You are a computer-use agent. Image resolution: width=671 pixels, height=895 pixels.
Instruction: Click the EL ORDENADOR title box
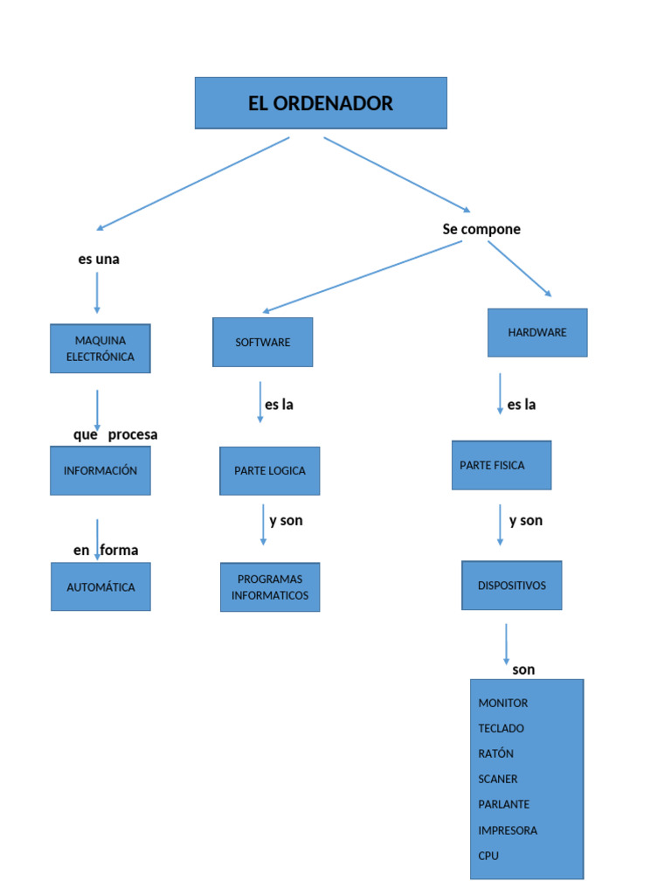[x=321, y=103]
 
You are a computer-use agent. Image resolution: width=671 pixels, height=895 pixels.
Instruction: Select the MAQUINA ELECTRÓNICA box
[x=100, y=349]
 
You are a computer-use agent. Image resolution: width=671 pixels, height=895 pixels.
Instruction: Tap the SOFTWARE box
[x=263, y=342]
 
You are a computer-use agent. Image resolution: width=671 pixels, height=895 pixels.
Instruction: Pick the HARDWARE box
[x=537, y=332]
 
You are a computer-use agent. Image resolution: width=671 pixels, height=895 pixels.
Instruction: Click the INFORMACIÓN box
[x=100, y=470]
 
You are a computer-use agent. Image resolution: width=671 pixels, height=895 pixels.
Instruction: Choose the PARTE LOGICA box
[x=270, y=470]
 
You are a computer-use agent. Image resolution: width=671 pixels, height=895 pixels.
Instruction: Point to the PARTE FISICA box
[x=502, y=465]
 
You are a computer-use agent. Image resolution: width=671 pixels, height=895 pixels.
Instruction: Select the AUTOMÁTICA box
[x=100, y=587]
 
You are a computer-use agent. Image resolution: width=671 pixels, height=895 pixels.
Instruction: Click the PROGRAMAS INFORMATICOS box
[x=270, y=587]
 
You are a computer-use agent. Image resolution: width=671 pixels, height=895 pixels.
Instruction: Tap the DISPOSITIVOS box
[x=512, y=586]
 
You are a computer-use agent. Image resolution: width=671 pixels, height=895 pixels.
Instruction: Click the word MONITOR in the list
[x=503, y=703]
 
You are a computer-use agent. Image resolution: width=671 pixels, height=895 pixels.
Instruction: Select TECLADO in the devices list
[x=502, y=728]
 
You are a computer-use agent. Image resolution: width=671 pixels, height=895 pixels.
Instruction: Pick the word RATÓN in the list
[x=496, y=753]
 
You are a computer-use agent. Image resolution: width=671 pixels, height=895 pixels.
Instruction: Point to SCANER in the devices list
[x=498, y=779]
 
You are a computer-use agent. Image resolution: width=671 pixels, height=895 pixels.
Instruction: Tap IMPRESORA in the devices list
[x=508, y=830]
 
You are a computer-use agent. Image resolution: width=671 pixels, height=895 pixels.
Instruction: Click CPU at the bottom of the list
[x=488, y=856]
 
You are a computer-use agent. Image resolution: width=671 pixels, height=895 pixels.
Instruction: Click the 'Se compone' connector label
[x=481, y=229]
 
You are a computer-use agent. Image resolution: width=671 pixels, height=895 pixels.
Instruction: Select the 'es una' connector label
[x=99, y=260]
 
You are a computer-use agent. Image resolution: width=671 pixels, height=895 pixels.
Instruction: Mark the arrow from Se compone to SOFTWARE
[x=363, y=276]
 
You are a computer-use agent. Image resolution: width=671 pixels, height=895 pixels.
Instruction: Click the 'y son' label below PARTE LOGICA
[x=286, y=521]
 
